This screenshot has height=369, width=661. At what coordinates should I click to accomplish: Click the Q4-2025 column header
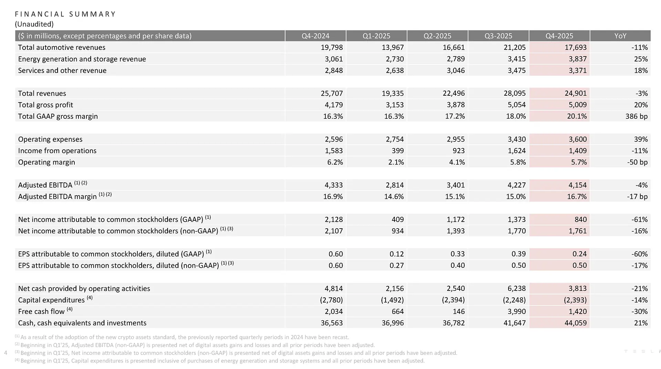click(559, 36)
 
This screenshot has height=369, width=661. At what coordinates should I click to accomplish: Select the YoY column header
click(620, 36)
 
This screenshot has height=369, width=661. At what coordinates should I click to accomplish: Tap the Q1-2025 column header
click(376, 36)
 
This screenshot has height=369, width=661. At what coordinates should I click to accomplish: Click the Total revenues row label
click(42, 93)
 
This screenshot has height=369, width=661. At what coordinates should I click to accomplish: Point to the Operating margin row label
click(46, 162)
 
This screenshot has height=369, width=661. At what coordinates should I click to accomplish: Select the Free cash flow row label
click(41, 312)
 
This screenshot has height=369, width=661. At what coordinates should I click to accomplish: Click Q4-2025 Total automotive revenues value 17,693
click(576, 48)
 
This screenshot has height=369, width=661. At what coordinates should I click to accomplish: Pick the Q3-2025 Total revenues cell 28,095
click(514, 93)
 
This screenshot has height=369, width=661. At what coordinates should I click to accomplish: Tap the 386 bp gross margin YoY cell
click(636, 116)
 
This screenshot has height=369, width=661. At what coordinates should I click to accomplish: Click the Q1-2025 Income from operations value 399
click(397, 151)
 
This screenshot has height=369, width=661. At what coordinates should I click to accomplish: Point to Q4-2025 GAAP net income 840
click(580, 220)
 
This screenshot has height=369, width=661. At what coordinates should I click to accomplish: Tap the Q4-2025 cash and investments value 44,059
click(575, 323)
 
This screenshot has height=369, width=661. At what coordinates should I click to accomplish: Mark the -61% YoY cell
click(639, 220)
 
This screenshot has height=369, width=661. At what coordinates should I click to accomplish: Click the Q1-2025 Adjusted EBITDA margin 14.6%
click(394, 197)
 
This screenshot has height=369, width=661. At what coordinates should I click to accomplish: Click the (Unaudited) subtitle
click(34, 24)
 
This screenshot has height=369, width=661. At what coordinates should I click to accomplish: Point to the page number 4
click(6, 352)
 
